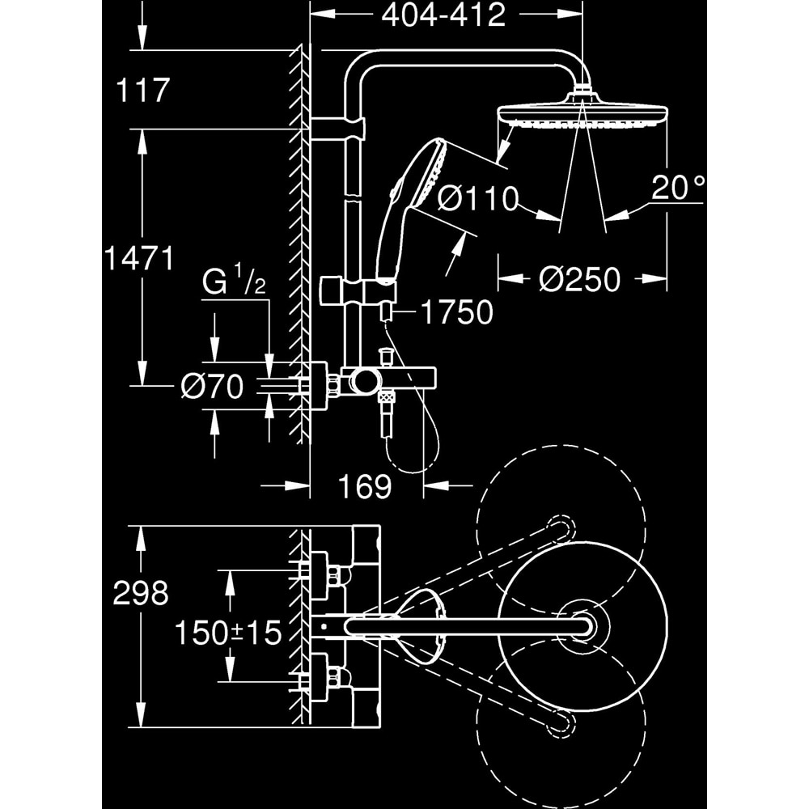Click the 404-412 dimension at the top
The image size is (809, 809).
[x=443, y=15]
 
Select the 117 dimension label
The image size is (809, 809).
[x=143, y=90]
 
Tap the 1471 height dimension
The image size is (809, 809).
[x=139, y=259]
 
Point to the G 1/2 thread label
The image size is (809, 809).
[x=233, y=284]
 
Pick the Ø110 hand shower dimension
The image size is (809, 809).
[x=477, y=198]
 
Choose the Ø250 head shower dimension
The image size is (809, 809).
[x=579, y=279]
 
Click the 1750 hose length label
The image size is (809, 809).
[x=456, y=312]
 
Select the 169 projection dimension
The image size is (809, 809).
[x=364, y=486]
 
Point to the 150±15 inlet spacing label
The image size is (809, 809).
[x=228, y=633]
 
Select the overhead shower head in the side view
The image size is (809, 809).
[x=582, y=113]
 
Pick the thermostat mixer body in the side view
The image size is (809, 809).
[x=388, y=378]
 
